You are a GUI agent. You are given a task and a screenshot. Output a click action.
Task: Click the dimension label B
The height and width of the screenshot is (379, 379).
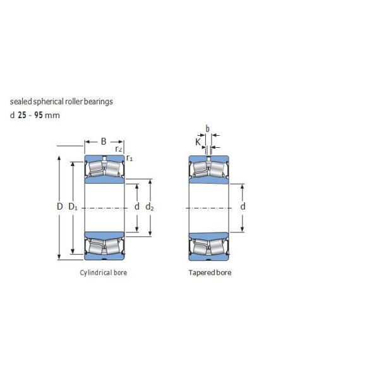[x=104, y=141]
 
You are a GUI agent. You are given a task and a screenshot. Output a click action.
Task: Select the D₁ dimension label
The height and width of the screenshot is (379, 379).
[x=73, y=207]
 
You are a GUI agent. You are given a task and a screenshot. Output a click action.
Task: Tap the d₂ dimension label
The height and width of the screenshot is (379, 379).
[x=149, y=207]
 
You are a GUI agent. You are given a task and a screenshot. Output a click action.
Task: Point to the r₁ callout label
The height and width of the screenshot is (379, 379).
[x=129, y=157]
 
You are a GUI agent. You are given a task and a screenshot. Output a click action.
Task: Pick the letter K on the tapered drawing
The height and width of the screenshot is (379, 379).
[x=198, y=142]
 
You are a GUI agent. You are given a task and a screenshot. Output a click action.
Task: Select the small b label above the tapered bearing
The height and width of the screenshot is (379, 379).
[x=207, y=128]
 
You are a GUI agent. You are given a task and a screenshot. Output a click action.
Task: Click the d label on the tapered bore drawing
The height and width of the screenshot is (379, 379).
[x=243, y=207]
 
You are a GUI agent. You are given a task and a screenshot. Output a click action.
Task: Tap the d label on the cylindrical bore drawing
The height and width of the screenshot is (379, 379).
[x=136, y=207]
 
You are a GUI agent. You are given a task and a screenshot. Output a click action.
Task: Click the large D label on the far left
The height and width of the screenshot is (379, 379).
[x=59, y=207]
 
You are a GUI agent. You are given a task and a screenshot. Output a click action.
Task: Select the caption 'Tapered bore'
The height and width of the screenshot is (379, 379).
[x=210, y=273]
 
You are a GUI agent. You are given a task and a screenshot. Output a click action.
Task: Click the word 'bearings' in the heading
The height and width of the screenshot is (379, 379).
[x=100, y=101]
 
